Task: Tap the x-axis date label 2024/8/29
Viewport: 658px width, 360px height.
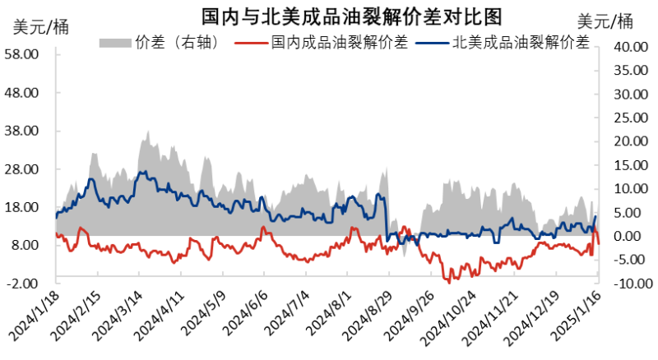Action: click(378, 316)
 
